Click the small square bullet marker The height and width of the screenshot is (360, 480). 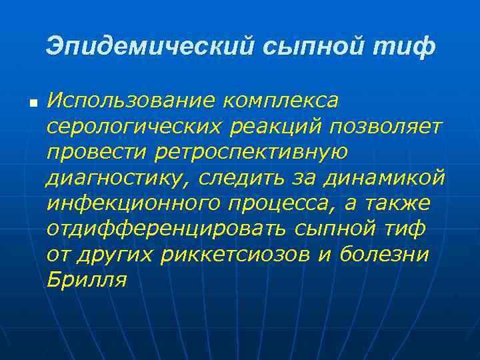pos(32,105)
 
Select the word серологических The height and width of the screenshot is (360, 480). pos(128,127)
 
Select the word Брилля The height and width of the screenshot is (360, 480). pos(87,279)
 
